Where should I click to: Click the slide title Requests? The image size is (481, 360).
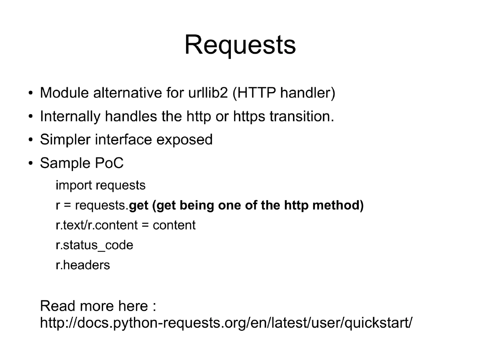240,45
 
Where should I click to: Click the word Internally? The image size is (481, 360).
70,117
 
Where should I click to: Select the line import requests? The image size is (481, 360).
101,185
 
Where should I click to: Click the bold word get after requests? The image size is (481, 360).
139,205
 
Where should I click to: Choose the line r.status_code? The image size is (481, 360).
94,245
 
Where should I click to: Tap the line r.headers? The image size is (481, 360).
83,265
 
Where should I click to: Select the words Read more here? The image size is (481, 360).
94,306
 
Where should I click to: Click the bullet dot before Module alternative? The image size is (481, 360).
30,94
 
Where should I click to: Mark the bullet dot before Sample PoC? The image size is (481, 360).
30,164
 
